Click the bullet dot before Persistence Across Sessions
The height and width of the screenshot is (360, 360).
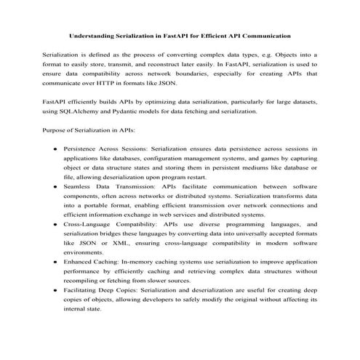[x=57, y=149]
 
